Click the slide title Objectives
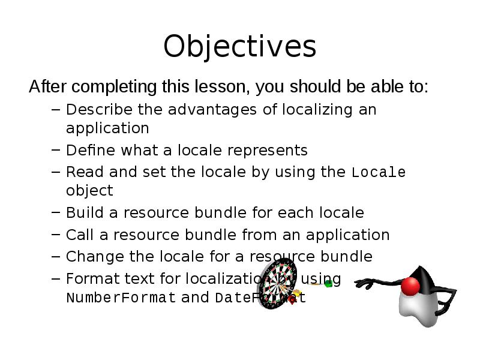pos(239,47)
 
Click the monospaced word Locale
pos(378,173)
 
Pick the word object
pos(89,191)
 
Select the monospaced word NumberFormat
pos(121,298)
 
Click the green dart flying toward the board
pos(328,283)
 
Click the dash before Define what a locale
pos(55,150)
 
